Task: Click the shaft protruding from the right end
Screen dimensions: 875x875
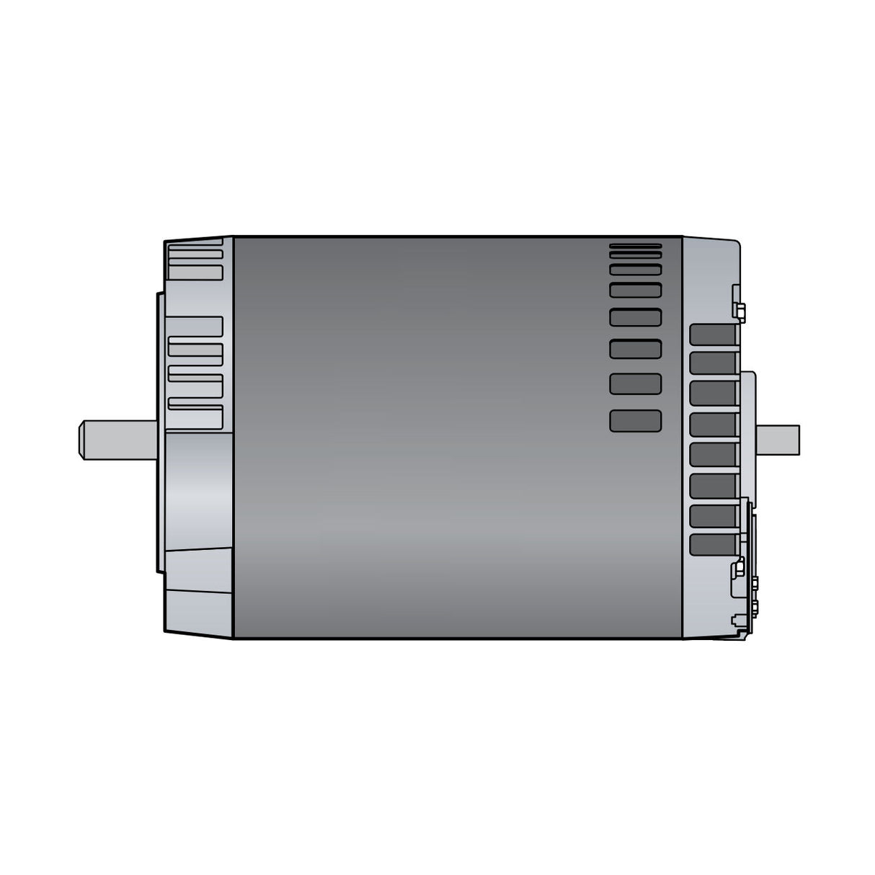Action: pos(778,440)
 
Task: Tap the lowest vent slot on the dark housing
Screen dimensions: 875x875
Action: pos(635,420)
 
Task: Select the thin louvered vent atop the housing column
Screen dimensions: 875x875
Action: pos(635,251)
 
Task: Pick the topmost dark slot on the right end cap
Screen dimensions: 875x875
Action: pos(714,334)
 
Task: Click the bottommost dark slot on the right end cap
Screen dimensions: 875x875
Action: pos(714,544)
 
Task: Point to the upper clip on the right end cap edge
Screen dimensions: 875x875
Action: pos(737,303)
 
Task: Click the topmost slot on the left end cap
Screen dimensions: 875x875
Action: pos(195,246)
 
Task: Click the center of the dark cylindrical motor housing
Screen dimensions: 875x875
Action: pos(457,437)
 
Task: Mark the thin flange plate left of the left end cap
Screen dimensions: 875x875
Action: pos(159,432)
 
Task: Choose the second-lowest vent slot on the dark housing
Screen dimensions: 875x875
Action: pos(635,383)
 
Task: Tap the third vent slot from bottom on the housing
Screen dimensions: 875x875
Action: pos(635,349)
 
